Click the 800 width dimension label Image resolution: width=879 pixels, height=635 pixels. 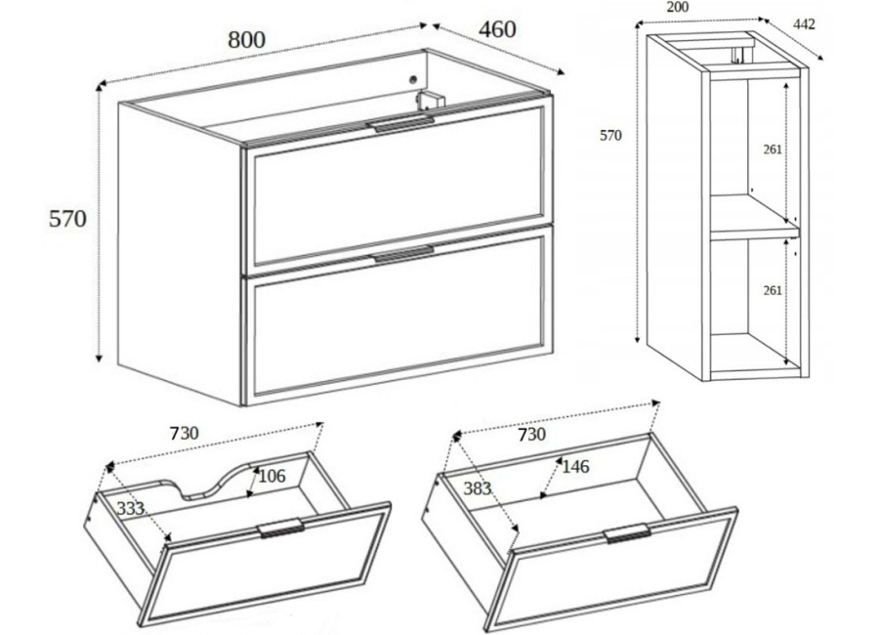tap(247, 40)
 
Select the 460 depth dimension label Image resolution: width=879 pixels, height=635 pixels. tap(497, 29)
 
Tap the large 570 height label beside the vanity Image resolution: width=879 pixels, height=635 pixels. tap(67, 218)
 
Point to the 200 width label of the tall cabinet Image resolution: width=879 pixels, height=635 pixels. tap(678, 7)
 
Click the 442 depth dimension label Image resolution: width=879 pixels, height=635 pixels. tap(805, 24)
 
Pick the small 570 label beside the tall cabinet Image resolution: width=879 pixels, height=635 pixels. tap(611, 135)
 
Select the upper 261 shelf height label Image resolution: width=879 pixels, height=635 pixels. tap(773, 149)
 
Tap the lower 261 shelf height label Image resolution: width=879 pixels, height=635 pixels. tap(773, 290)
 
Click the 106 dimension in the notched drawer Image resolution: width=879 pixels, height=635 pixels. tap(272, 476)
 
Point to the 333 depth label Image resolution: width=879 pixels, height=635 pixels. tap(131, 508)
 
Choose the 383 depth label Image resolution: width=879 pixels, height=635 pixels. tap(478, 488)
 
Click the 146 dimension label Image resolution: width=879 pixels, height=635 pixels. tap(575, 466)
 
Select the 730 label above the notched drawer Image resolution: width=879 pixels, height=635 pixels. tap(184, 433)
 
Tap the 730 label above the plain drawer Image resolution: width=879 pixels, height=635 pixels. tap(531, 434)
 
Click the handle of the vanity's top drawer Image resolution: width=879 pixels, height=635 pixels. tap(399, 123)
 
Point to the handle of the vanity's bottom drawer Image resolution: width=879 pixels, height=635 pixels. tap(401, 254)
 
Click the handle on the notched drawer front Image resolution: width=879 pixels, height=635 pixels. tap(281, 529)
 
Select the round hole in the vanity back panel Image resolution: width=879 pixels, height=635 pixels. tap(413, 79)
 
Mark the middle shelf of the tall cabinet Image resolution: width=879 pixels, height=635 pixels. tap(755, 218)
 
